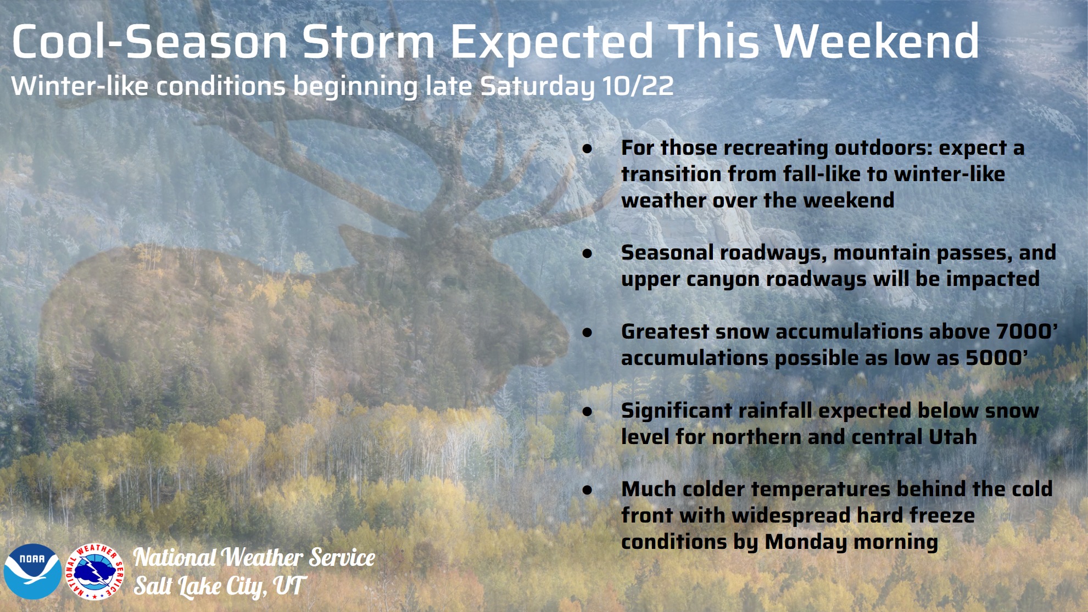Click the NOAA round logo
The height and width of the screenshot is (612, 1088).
click(x=32, y=571)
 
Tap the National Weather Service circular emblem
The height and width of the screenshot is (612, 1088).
click(x=95, y=571)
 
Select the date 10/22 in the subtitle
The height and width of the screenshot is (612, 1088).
click(x=638, y=86)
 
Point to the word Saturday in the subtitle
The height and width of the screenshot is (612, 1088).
click(x=537, y=87)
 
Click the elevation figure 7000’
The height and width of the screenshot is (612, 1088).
click(x=1026, y=331)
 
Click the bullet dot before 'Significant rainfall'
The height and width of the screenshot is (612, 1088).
click(x=588, y=411)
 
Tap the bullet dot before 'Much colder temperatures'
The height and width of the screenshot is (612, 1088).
click(x=588, y=490)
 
